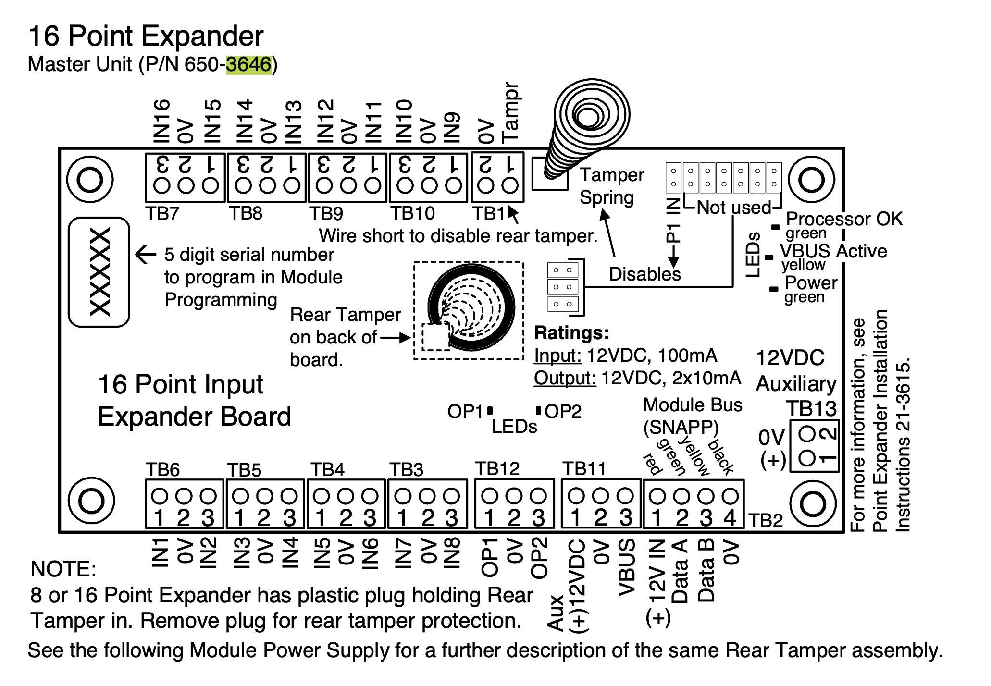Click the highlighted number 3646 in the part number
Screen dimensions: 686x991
click(x=248, y=64)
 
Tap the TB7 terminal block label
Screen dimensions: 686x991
click(x=162, y=213)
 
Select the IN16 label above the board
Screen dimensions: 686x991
click(x=162, y=122)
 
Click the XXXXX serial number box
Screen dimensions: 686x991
click(x=99, y=272)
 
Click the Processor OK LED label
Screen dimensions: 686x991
click(x=844, y=219)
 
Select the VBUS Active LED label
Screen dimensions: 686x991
click(x=833, y=251)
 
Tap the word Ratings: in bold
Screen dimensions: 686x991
click(x=571, y=333)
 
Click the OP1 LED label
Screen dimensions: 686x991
click(x=465, y=412)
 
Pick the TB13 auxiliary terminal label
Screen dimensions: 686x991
click(x=811, y=409)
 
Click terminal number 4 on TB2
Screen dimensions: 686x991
click(x=730, y=518)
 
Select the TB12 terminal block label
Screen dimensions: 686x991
click(x=497, y=469)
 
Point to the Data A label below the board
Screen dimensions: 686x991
click(x=680, y=572)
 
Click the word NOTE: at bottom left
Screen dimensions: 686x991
click(x=63, y=569)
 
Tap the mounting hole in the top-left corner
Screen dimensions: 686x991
click(x=90, y=180)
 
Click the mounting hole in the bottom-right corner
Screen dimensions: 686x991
click(x=813, y=503)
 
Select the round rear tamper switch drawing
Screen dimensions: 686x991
click(x=471, y=307)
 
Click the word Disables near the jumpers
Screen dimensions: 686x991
click(x=645, y=274)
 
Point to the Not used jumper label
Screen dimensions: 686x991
click(x=733, y=208)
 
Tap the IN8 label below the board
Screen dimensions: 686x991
click(x=452, y=553)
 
